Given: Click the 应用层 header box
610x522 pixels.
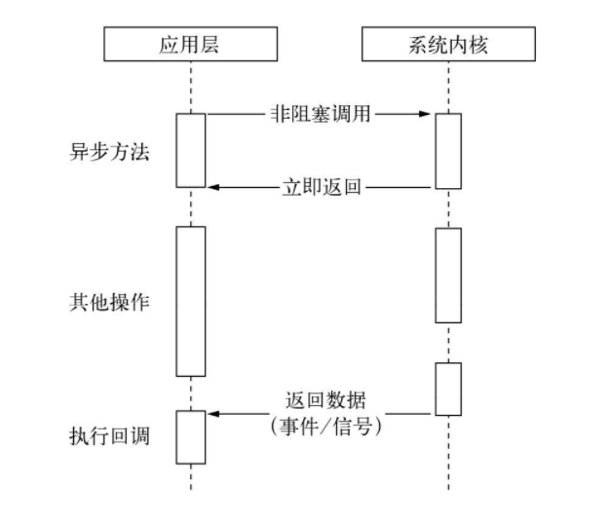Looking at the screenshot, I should point(191,44).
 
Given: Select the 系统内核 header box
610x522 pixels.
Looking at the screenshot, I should point(448,44).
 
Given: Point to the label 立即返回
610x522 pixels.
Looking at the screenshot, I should point(322,186).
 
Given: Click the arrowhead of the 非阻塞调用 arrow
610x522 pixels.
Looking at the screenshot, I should point(426,114).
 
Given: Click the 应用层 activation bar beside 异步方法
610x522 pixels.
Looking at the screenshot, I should point(191,149).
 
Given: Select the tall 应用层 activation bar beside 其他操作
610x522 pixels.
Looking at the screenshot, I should point(191,301).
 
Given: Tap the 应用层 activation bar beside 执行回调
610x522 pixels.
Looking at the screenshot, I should point(191,437).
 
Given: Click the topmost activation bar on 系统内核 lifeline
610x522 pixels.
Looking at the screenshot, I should point(448,151).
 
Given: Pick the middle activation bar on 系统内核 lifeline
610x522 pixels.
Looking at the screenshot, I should point(448,275).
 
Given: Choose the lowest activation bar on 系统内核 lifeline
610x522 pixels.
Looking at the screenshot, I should point(448,389).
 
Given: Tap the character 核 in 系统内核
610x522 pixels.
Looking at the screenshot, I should point(479,44).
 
